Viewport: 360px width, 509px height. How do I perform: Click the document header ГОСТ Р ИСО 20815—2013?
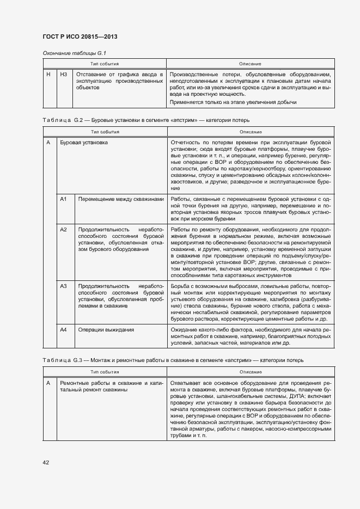(x=80, y=36)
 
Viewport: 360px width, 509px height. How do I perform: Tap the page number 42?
(x=46, y=462)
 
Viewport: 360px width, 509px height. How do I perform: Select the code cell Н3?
(x=64, y=74)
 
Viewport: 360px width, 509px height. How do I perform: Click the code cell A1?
(x=63, y=199)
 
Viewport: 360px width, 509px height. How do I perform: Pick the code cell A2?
(x=63, y=230)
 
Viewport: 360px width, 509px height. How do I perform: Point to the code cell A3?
(x=63, y=286)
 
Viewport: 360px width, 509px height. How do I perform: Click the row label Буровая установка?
(x=83, y=142)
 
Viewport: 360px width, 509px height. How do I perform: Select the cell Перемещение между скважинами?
(x=120, y=199)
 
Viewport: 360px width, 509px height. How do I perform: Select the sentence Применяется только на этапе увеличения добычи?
(x=233, y=102)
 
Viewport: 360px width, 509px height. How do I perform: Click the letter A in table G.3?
(x=48, y=383)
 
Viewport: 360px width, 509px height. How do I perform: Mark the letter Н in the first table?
(x=48, y=74)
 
